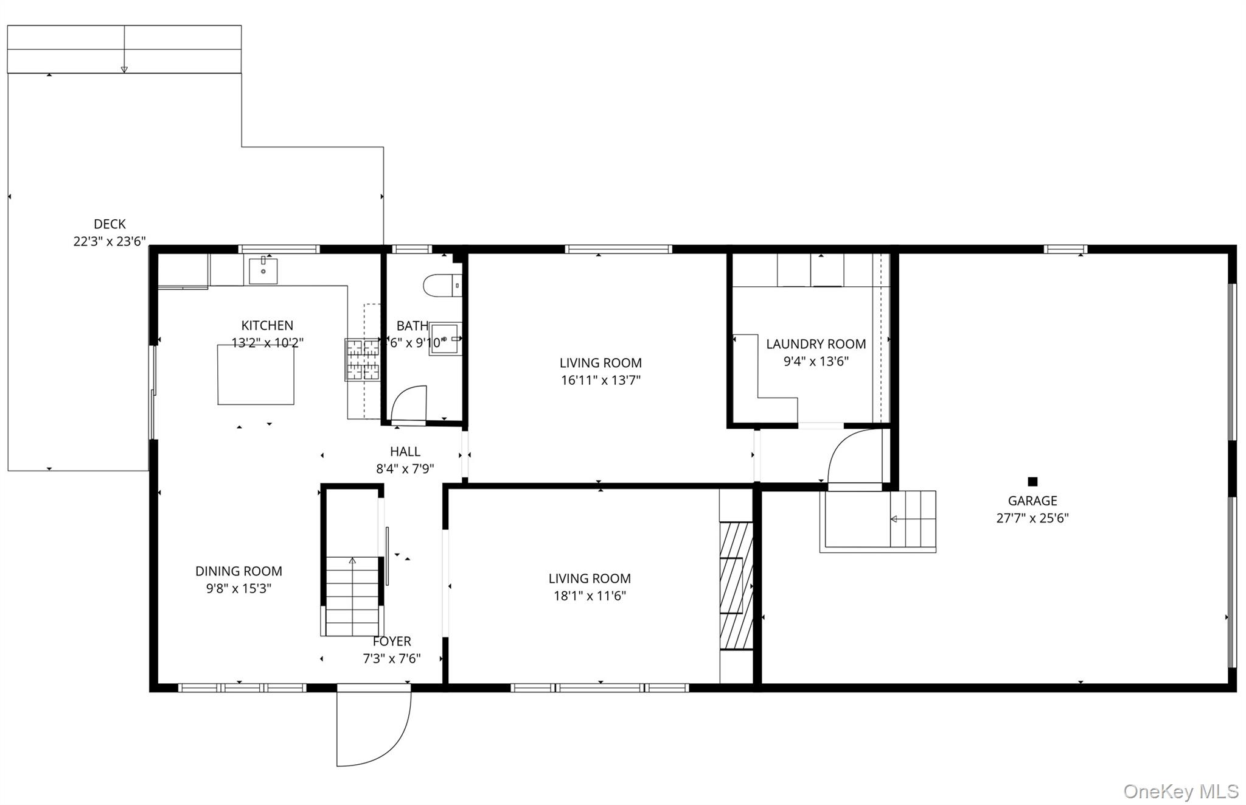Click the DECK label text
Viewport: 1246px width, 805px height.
point(110,224)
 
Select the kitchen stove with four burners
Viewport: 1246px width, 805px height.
point(363,359)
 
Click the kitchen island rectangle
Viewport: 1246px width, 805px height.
point(256,374)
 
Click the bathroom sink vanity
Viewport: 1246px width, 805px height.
point(445,339)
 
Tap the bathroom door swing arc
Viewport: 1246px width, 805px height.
point(408,403)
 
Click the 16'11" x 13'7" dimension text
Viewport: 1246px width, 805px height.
point(600,381)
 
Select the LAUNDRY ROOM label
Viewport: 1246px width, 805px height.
point(815,344)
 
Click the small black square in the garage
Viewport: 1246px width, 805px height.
point(1032,482)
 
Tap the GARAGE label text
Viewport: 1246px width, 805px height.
point(1032,501)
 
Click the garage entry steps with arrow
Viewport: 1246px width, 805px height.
point(912,519)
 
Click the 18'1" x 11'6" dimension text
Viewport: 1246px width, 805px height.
point(590,596)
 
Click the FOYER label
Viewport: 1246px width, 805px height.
point(392,641)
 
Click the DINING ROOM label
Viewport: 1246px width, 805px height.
point(238,571)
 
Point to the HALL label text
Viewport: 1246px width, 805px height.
point(405,452)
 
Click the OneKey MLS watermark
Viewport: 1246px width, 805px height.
point(1180,791)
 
